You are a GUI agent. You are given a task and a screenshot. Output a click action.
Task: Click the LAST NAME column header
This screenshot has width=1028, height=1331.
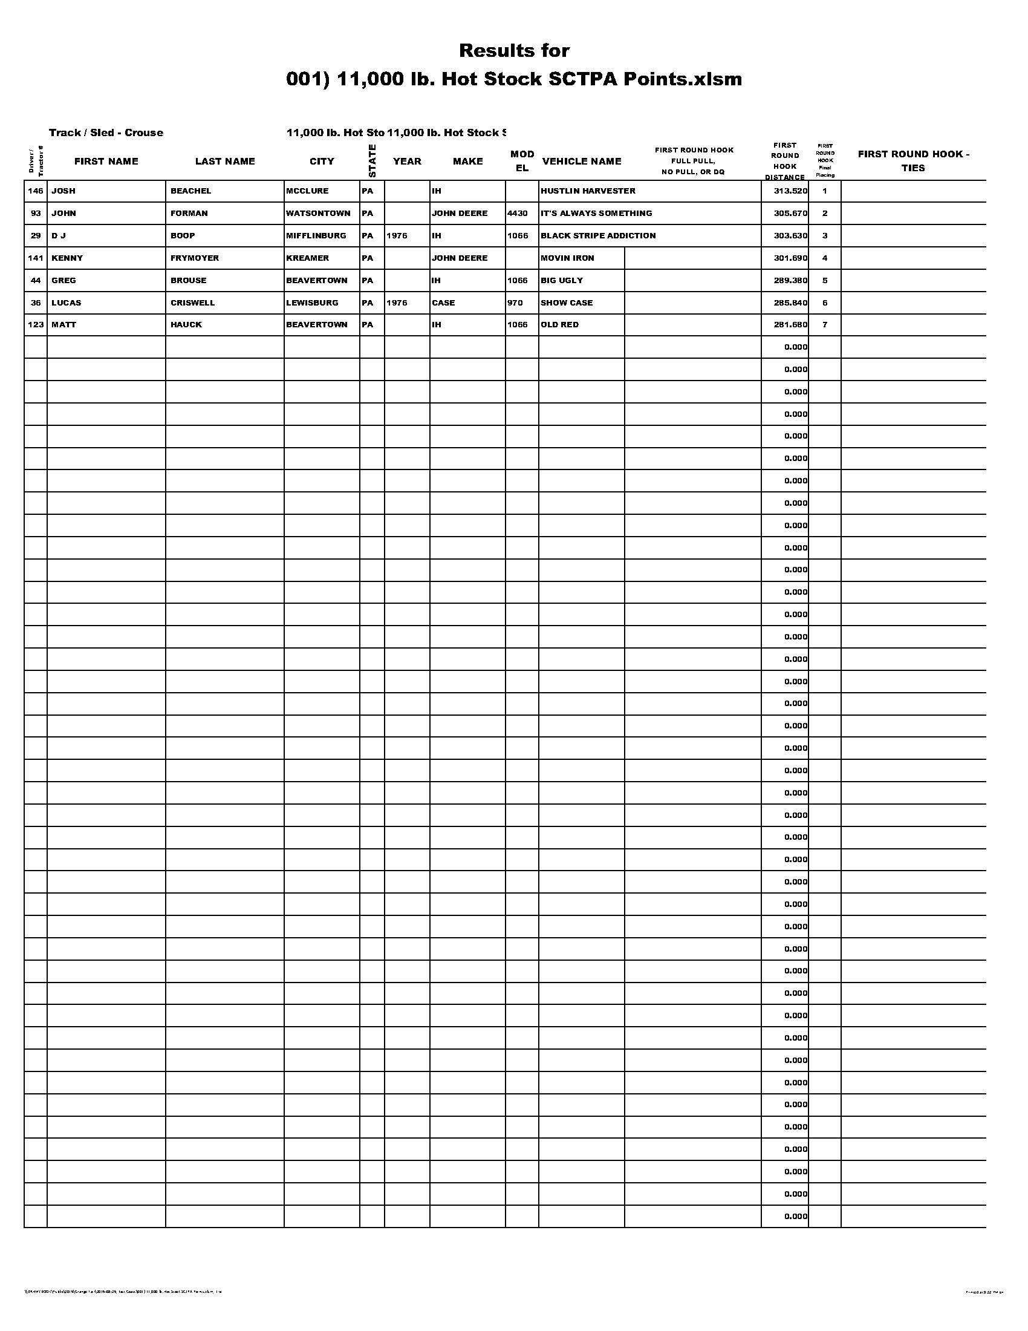225,161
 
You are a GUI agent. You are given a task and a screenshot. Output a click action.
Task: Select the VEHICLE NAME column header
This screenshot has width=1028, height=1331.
582,161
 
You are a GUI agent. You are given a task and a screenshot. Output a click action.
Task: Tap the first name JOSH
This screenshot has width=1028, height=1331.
63,191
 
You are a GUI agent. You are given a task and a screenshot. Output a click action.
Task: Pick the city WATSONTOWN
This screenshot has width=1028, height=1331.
318,214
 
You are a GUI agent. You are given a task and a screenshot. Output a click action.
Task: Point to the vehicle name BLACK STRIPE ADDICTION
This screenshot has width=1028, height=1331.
598,235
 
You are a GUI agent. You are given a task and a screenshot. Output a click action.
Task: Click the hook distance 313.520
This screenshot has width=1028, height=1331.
790,191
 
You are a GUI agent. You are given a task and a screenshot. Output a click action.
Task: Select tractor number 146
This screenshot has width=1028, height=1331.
36,191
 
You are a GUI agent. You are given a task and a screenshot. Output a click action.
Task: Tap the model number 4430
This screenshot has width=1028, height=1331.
517,214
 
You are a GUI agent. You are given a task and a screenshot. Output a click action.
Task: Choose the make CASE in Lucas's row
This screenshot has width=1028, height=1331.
443,302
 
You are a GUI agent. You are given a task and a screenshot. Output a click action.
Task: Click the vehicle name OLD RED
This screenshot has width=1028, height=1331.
560,324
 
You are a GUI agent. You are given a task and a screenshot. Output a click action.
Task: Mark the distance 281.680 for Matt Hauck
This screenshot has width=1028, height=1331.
790,324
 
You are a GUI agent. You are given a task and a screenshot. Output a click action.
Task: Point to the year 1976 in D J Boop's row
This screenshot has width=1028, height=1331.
397,235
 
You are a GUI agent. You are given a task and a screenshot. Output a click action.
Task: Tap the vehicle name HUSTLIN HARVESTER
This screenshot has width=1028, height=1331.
588,191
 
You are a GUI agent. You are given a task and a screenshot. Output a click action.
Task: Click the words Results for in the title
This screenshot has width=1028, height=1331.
514,51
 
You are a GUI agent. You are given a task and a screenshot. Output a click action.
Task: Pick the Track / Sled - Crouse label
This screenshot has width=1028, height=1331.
106,132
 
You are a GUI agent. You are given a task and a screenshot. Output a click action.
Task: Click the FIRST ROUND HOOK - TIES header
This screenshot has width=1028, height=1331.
913,161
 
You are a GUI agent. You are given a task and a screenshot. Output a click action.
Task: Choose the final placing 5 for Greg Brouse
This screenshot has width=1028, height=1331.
825,280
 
